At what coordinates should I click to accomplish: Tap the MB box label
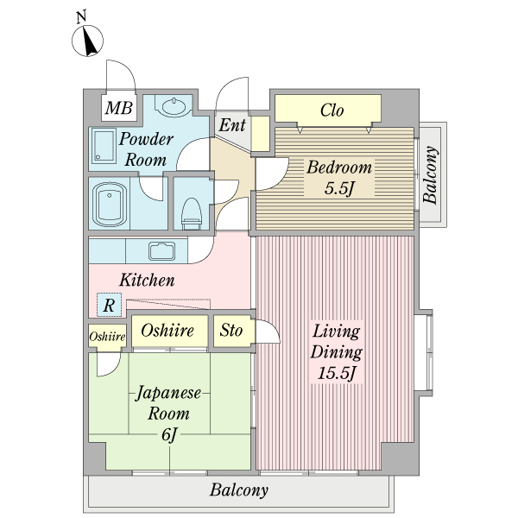point(119,108)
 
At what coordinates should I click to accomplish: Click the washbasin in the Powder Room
point(175,107)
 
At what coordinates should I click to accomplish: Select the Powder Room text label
point(146,149)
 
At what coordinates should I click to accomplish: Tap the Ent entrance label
point(231,126)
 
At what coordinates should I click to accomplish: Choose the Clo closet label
point(332,110)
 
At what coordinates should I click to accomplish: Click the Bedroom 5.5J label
point(339,178)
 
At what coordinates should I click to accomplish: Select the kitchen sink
point(162,252)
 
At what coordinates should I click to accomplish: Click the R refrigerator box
point(109,304)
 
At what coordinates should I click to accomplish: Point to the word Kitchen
point(147,281)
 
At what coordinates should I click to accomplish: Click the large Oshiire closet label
point(166,331)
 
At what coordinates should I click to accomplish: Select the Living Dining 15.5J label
point(337,353)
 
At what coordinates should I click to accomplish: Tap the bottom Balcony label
point(239,491)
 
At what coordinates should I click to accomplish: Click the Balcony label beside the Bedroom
point(431,177)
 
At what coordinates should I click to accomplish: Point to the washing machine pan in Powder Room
point(104,148)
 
